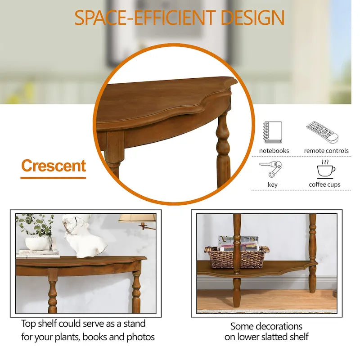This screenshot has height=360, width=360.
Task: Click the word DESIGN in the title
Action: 252,18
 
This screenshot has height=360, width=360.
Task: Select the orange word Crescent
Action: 53,166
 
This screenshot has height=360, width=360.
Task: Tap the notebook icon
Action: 272,133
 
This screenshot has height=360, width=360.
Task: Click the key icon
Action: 272,168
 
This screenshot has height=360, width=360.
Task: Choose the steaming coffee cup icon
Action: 325,168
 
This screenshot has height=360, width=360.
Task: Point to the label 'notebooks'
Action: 274,151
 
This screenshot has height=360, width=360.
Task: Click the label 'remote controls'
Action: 326,151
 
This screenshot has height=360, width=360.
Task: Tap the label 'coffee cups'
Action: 324,184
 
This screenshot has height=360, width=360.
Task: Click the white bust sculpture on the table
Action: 84,236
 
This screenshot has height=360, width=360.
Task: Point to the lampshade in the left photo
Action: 137,218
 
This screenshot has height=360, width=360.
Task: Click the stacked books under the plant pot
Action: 38,254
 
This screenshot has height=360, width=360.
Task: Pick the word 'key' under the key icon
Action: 272,184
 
